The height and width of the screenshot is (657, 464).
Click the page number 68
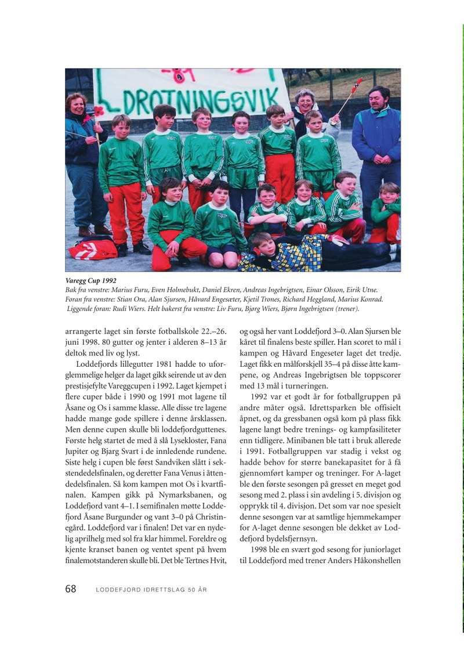(71, 589)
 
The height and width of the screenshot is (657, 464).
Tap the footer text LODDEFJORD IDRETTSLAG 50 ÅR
(151, 590)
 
